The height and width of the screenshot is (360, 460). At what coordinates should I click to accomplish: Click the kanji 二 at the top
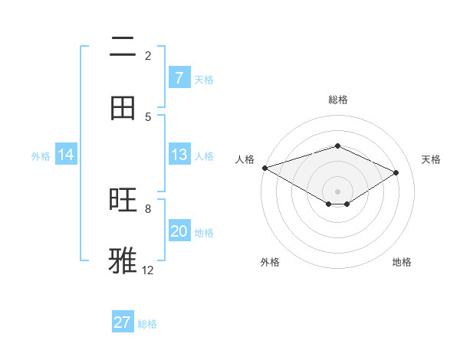pos(123,47)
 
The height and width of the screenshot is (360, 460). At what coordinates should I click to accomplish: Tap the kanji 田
pos(123,108)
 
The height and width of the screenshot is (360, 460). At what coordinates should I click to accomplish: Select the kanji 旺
pos(123,201)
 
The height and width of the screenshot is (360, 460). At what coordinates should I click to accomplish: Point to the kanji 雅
pos(123,260)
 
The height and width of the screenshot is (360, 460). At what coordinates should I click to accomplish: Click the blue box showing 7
pos(179,78)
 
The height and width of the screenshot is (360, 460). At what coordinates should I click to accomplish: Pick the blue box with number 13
pos(179,155)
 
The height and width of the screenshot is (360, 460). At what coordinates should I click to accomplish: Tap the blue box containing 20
pos(179,231)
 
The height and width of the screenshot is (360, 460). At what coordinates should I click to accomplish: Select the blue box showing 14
pos(66,155)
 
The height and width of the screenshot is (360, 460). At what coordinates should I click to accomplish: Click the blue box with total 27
pos(123,322)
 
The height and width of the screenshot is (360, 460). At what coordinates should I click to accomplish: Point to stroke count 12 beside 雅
pos(148,270)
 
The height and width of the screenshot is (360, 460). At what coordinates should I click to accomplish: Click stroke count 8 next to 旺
pos(148,208)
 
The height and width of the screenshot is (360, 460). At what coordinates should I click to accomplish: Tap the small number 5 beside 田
pos(148,116)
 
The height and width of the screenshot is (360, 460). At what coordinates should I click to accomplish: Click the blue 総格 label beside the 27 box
pos(147,324)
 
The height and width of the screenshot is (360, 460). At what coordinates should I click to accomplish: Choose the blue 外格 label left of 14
pos(41,155)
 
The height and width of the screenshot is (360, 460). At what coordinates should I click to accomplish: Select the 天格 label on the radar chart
pos(431,159)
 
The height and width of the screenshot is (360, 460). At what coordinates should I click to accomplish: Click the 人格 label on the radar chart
pos(245,159)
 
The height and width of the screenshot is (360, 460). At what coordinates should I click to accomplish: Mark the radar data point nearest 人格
pos(264,168)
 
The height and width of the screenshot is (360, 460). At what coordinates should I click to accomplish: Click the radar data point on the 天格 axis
pos(396,172)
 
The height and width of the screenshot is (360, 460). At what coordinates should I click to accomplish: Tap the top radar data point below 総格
pos(337,146)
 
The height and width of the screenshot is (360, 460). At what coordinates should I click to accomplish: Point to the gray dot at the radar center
pos(337,191)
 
